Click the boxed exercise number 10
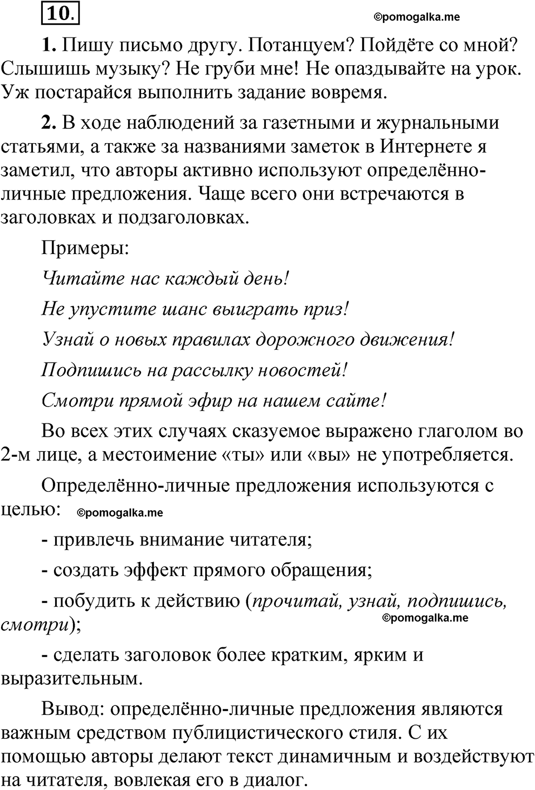point(60,13)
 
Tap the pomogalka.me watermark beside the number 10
point(417,17)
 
